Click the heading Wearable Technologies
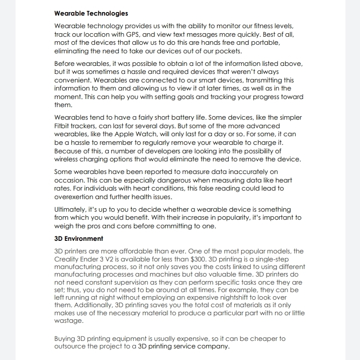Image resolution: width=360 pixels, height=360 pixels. click(91, 13)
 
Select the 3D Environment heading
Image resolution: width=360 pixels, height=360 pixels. click(78, 239)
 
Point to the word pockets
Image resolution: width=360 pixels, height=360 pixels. click(228, 51)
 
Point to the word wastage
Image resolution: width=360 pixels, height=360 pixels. click(68, 320)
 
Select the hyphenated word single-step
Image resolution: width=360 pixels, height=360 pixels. click(259, 259)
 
